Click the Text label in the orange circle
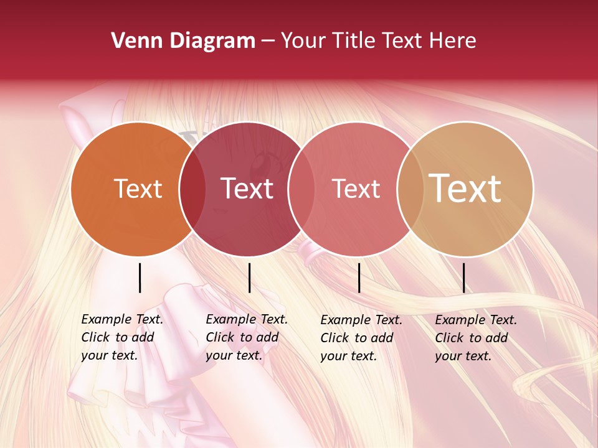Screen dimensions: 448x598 coord(138,189)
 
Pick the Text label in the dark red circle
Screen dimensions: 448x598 coord(247,189)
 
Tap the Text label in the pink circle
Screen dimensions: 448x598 coord(356,189)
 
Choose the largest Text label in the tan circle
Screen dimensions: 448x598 coord(465,189)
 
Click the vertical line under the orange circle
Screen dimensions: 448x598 coord(140,278)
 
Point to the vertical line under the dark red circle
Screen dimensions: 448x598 coord(249,278)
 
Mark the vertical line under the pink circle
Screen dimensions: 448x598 coord(359,278)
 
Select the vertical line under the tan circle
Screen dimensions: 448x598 coord(463,278)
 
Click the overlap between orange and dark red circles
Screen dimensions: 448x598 coord(192,189)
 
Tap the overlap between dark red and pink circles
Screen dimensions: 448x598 coord(301,189)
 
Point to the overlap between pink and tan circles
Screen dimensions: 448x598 coord(410,189)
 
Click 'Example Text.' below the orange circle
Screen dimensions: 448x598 coord(122,319)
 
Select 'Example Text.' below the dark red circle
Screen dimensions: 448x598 coord(247,319)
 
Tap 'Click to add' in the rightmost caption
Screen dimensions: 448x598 coord(472,338)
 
